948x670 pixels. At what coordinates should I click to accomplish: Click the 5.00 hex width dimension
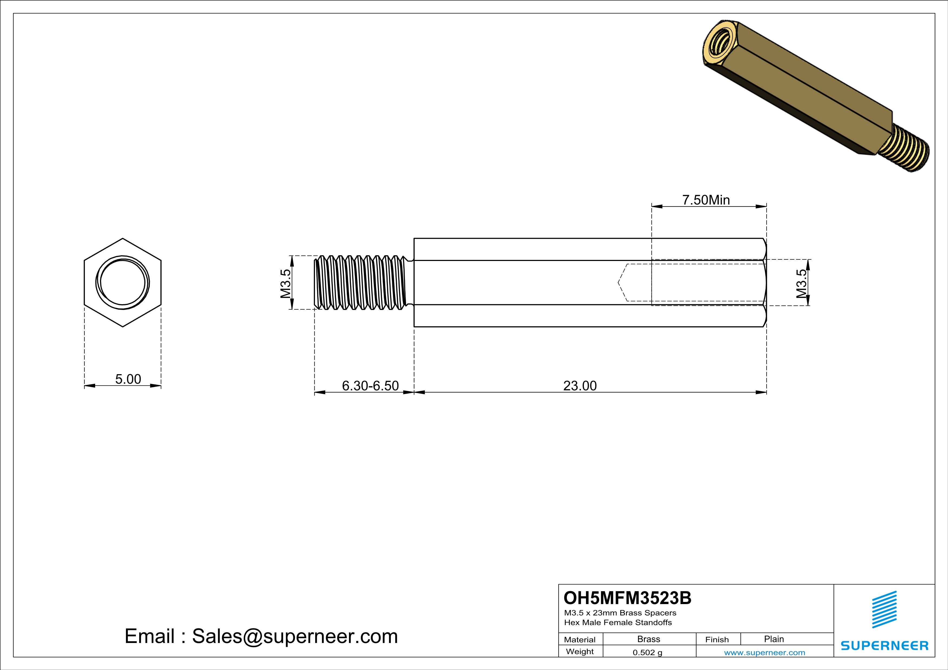pyautogui.click(x=128, y=379)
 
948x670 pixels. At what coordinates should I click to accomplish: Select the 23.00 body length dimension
pyautogui.click(x=580, y=386)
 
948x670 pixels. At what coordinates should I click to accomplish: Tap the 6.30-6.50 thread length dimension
pyautogui.click(x=370, y=386)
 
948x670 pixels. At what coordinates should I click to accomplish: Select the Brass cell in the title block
pyautogui.click(x=649, y=639)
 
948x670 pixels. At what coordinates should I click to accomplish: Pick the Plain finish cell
pyautogui.click(x=774, y=639)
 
